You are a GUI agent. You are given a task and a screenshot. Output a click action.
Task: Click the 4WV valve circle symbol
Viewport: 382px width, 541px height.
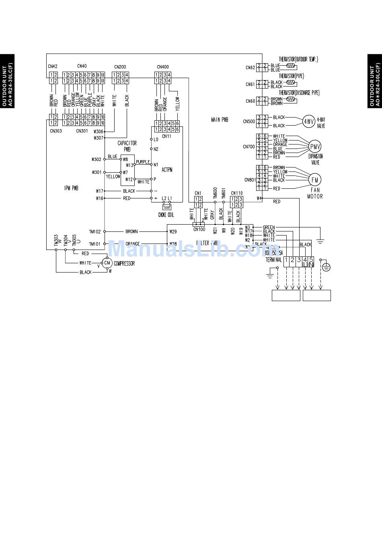pos(309,122)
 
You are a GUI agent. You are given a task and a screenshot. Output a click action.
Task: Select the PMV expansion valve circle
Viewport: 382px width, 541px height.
pos(315,147)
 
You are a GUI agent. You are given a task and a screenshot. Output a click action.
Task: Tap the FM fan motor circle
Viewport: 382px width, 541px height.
pos(315,180)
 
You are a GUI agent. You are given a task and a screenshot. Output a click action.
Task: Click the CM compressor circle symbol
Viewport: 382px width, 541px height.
pos(107,263)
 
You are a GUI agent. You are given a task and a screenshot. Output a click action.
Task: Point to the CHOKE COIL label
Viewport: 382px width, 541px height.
pos(166,215)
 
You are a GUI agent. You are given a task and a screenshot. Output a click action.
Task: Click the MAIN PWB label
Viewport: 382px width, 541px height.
pos(220,120)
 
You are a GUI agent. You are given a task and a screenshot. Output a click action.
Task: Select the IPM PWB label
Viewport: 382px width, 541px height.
pos(71,188)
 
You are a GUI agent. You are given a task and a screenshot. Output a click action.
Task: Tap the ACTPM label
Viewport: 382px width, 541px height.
pos(167,169)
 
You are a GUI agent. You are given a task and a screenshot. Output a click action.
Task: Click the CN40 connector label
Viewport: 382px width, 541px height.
pos(82,66)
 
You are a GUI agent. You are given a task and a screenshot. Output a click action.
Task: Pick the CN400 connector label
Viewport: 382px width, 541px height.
pos(163,67)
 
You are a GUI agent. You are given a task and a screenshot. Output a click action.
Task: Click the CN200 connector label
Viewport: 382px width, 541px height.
pos(120,67)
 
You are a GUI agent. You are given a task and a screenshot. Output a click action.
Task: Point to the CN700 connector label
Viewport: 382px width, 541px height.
pos(249,147)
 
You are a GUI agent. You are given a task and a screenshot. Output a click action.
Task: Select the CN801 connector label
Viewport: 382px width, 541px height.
pos(250,180)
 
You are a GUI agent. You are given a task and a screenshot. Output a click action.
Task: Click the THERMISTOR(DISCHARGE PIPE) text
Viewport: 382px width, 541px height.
pos(299,93)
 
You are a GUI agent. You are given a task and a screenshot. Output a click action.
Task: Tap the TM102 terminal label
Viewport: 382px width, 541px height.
pos(95,232)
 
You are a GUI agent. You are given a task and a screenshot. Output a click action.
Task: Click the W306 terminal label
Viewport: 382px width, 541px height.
pos(98,131)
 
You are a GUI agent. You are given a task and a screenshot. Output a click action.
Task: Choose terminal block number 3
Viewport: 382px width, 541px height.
pos(299,260)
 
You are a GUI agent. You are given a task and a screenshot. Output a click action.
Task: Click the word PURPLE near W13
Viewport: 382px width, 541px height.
pos(143,162)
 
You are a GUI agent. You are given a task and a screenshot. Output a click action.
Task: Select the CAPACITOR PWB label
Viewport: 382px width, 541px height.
pos(127,146)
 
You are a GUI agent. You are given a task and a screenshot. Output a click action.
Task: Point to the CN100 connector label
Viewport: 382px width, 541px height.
pos(199,229)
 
